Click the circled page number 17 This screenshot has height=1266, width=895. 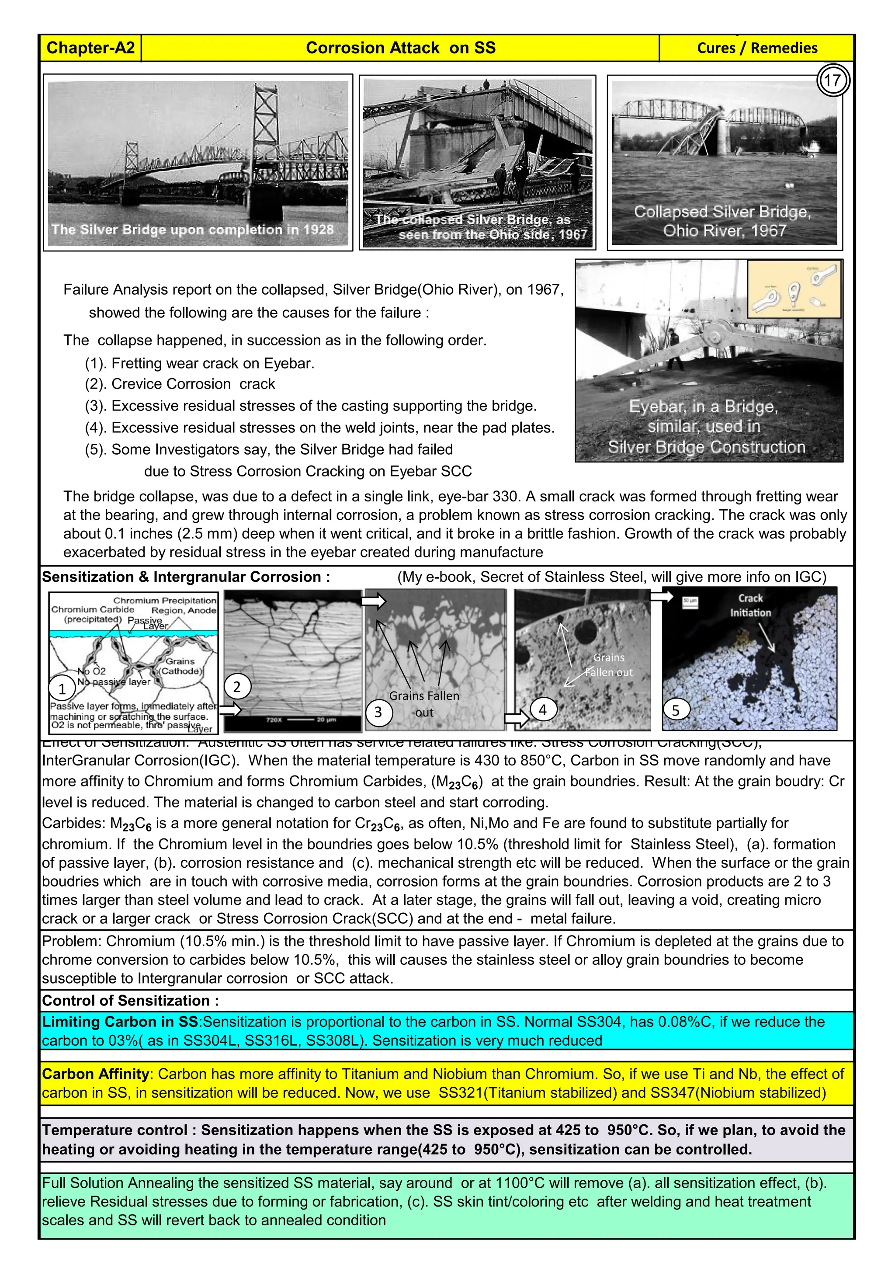click(832, 81)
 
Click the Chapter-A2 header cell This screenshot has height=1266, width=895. click(90, 48)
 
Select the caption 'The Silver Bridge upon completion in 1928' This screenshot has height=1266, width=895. click(192, 230)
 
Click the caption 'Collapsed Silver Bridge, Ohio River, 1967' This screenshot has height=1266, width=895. click(722, 221)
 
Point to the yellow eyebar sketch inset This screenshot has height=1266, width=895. click(794, 289)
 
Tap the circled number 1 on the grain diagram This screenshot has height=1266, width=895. click(62, 689)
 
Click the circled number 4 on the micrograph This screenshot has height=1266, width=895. click(543, 710)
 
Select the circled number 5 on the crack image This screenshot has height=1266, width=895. click(676, 710)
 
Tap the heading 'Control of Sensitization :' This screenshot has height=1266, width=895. click(130, 1000)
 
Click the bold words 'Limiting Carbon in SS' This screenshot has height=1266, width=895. click(120, 1022)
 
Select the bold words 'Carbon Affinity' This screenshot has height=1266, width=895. click(95, 1074)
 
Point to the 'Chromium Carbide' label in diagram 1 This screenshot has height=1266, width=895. click(93, 609)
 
